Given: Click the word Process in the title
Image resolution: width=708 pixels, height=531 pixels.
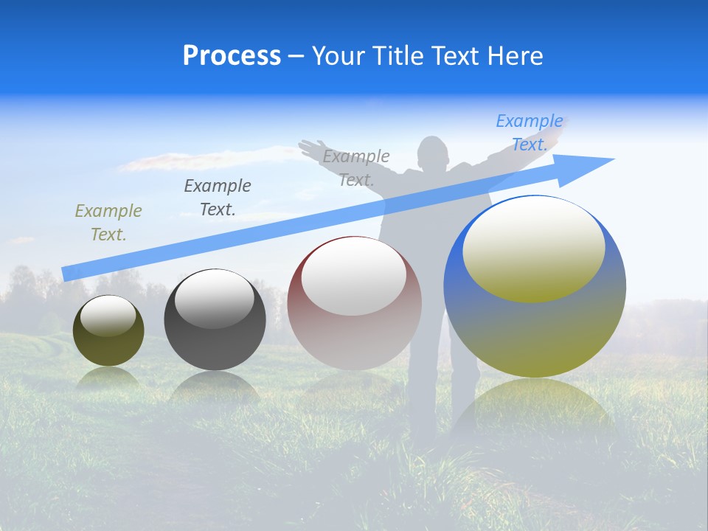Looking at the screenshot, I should tap(232, 56).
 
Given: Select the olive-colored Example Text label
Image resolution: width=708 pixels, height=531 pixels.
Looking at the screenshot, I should tap(108, 223).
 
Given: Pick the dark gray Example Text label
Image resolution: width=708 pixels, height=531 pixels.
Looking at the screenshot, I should tap(218, 198).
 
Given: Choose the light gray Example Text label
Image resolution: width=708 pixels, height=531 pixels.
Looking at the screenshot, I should tap(356, 168).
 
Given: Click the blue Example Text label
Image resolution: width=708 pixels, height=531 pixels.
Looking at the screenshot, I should tap(529, 133).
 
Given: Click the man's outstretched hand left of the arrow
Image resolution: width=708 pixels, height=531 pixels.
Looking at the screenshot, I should tap(310, 147).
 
